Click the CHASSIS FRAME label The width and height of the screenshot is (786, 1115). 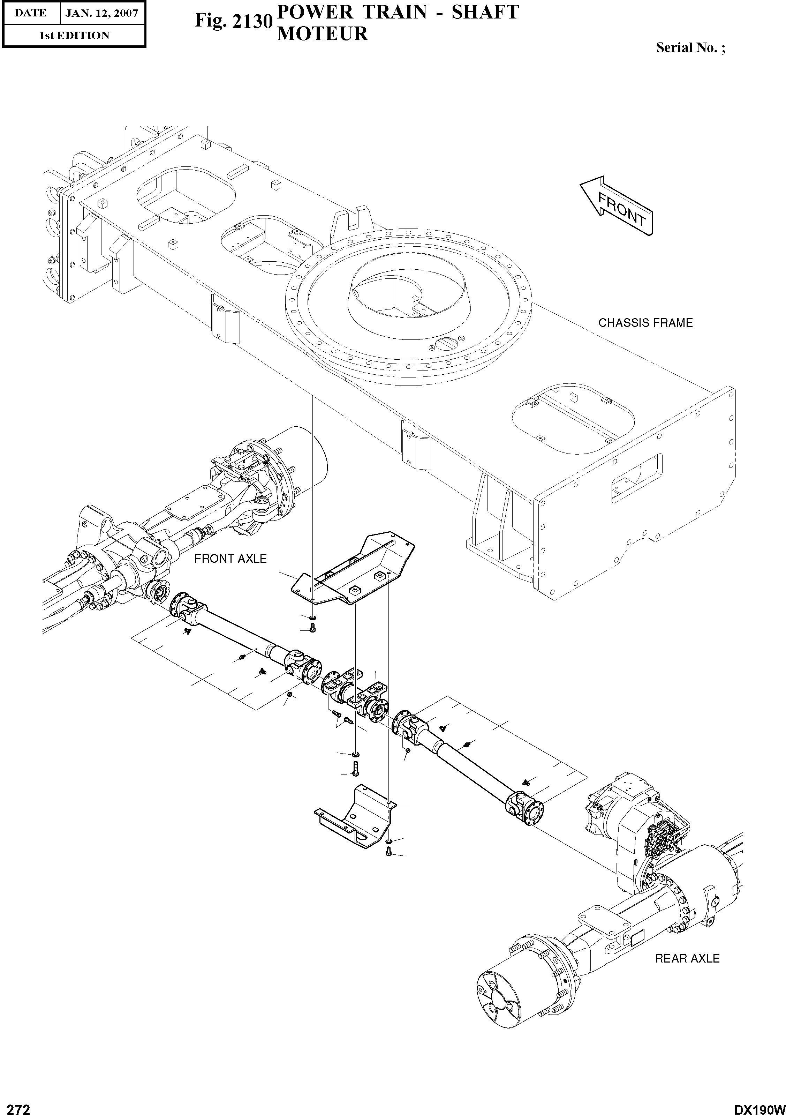point(645,323)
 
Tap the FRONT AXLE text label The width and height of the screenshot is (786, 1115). point(230,559)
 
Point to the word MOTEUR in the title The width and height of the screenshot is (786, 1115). point(322,34)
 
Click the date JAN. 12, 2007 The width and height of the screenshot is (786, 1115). point(101,13)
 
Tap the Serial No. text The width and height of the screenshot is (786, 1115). point(690,47)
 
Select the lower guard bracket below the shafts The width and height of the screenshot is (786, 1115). point(356,819)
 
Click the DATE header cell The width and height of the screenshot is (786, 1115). point(31,13)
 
